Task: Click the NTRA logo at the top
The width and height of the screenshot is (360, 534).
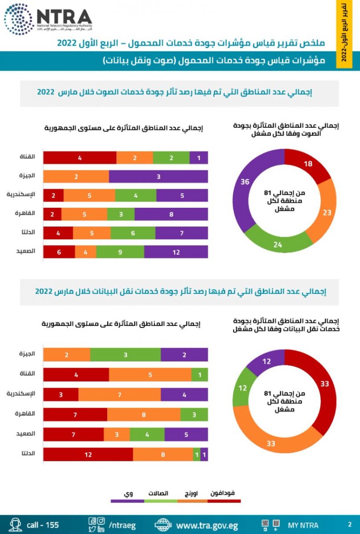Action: coord(48,19)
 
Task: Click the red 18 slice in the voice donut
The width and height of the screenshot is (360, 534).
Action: coord(308,163)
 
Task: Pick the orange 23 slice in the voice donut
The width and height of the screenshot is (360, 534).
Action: coord(326,213)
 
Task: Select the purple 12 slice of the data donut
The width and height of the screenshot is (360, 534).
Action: coord(266,361)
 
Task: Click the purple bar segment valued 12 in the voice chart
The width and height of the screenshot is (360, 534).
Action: coord(176,252)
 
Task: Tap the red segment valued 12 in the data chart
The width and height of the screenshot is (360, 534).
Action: coord(88,455)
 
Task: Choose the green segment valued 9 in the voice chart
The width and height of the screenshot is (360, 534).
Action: coord(120,252)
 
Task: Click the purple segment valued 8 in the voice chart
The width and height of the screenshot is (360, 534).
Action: coord(171,214)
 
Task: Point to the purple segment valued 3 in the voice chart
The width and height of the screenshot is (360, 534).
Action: coord(158,177)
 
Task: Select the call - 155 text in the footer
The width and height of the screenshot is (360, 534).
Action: coord(43,525)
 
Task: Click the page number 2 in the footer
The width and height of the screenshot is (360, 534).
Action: coord(349,524)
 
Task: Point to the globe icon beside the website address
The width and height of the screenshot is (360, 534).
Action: coord(163,524)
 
